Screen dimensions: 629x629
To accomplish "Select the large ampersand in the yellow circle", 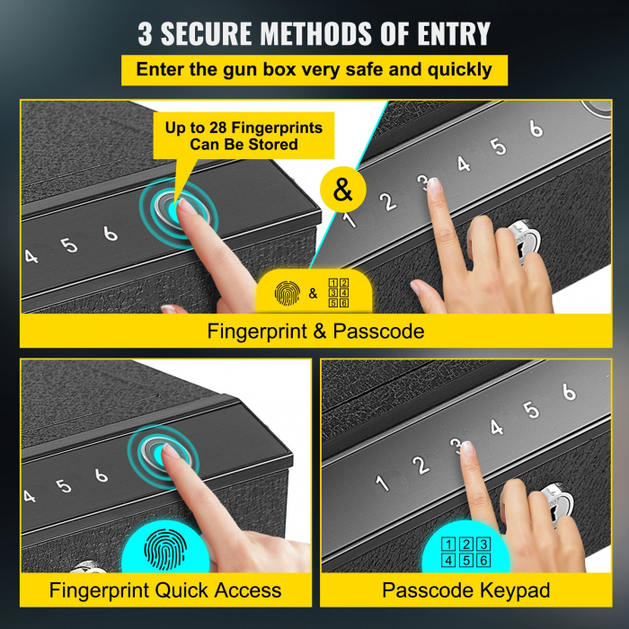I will pyautogui.click(x=342, y=190).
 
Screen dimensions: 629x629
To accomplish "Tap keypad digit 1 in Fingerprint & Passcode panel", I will pyautogui.click(x=350, y=216).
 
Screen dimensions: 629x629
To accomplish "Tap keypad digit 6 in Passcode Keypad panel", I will pyautogui.click(x=568, y=392).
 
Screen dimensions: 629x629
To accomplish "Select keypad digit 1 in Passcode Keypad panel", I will pyautogui.click(x=383, y=483).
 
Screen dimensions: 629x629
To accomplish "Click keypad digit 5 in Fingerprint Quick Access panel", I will pyautogui.click(x=64, y=486).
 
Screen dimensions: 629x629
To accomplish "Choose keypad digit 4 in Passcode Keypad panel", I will pyautogui.click(x=496, y=427).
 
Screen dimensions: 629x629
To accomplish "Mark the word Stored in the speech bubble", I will pyautogui.click(x=274, y=144).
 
